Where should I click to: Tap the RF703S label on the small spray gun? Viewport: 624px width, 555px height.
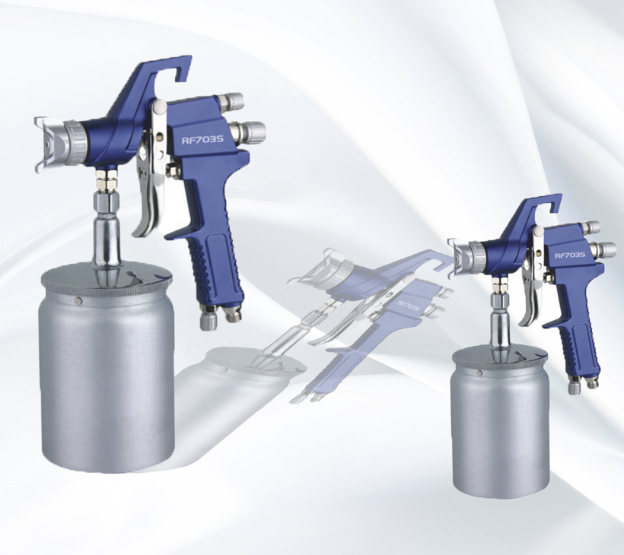[x=570, y=255]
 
